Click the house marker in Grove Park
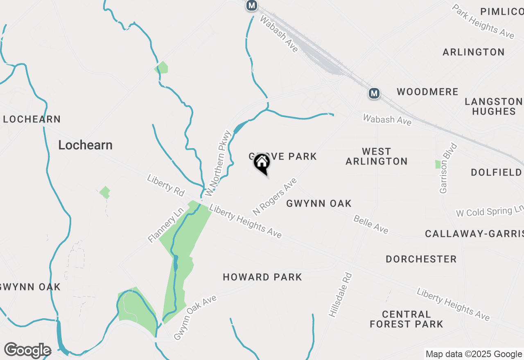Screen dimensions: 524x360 262,164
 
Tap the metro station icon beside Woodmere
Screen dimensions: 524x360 374,94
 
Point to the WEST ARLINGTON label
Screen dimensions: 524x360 377,156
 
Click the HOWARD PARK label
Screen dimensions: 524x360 262,277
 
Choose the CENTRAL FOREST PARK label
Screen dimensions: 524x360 406,319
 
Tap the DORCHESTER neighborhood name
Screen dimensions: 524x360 421,259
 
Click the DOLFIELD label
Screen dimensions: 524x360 496,172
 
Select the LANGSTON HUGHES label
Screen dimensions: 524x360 493,106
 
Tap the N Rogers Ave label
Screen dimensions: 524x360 274,196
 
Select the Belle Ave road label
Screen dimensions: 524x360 371,225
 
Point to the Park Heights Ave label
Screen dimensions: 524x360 483,21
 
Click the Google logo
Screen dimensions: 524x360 27,350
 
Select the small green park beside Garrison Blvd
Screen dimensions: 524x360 438,164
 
